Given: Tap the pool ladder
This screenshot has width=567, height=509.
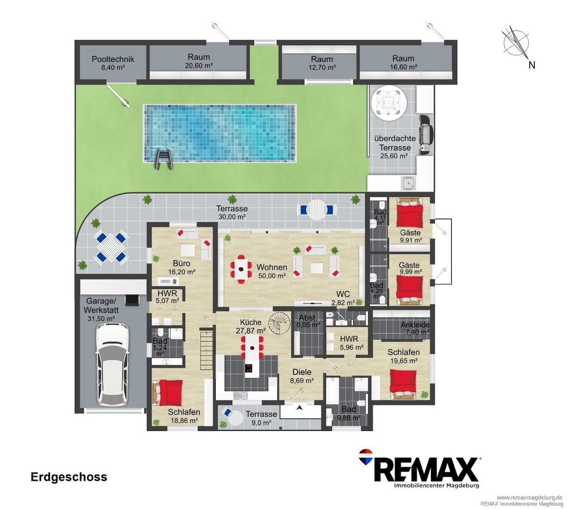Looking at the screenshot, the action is [164, 159].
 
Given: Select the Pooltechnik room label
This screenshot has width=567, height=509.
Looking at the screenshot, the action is [113, 59].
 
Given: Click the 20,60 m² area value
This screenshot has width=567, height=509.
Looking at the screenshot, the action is [199, 66].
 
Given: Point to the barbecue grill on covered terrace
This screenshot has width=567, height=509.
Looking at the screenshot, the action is [425, 135].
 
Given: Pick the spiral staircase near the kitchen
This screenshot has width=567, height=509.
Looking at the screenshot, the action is [280, 323].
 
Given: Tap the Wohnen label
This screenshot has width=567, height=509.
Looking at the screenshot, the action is [272, 267].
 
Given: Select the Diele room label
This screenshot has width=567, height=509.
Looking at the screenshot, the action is [302, 372].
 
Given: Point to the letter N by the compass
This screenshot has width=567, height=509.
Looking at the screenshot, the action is [532, 65].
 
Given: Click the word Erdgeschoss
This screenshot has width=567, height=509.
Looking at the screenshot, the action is [69, 477].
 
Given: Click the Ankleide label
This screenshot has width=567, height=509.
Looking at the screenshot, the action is [415, 325].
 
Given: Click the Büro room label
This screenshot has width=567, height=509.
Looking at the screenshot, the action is [181, 263].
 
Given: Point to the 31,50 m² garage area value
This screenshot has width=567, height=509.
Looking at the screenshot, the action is [101, 319].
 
